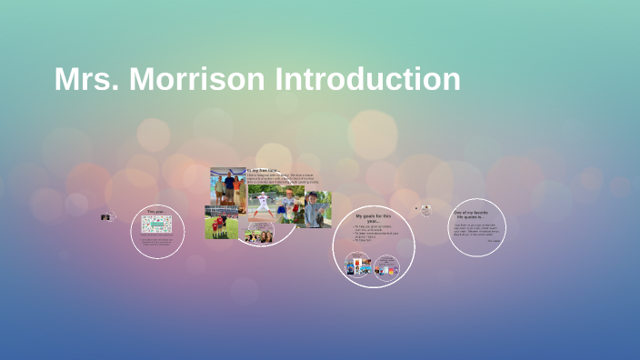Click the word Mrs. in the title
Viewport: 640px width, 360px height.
pyautogui.click(x=86, y=79)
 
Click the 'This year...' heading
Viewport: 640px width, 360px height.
pyautogui.click(x=155, y=211)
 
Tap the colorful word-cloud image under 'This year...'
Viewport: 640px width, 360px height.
pyautogui.click(x=155, y=223)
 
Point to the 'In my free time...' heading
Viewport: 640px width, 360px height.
pyautogui.click(x=265, y=170)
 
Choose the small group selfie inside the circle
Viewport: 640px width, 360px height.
pyautogui.click(x=259, y=236)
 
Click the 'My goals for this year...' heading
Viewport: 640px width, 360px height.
pyautogui.click(x=374, y=218)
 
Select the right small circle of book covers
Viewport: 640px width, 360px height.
pyautogui.click(x=386, y=267)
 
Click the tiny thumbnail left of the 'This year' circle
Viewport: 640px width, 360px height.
pyautogui.click(x=106, y=216)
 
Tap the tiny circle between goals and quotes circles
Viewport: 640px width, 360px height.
pyautogui.click(x=425, y=210)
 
